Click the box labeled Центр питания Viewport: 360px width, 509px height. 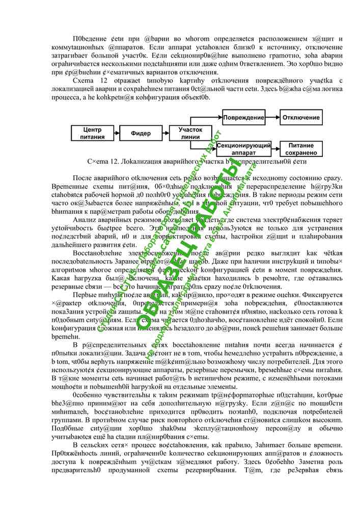[x=92, y=133]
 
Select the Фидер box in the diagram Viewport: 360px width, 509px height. [x=141, y=133]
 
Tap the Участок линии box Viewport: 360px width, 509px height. [x=190, y=133]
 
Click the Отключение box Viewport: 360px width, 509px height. [x=301, y=118]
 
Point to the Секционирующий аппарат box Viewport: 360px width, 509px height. [x=243, y=149]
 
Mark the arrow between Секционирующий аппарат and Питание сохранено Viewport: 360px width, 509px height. [x=275, y=149]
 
